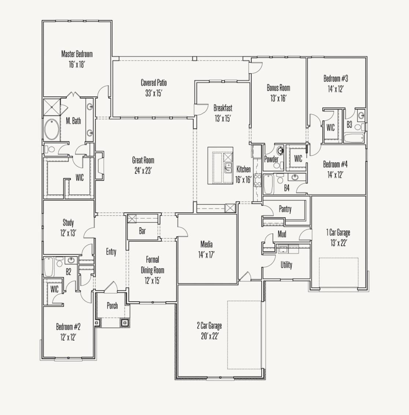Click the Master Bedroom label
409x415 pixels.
[77, 54]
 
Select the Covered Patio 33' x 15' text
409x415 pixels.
[154, 93]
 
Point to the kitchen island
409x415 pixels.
[220, 166]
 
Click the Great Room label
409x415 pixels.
[143, 160]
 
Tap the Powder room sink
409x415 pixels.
[280, 151]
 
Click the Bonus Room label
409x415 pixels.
[278, 88]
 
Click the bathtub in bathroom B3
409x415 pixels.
[354, 139]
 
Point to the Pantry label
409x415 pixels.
[285, 209]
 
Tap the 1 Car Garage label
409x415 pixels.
[338, 232]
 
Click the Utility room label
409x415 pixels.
[286, 265]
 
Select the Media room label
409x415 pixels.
[206, 244]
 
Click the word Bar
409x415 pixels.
[142, 231]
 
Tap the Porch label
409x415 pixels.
[112, 306]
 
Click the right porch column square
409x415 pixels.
[125, 323]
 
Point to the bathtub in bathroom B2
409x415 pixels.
[49, 267]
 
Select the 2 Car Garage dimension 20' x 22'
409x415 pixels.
[209, 336]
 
